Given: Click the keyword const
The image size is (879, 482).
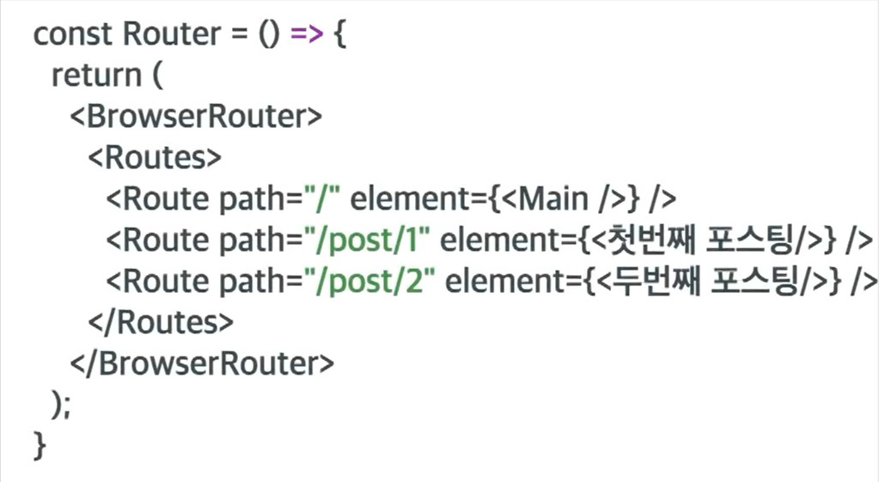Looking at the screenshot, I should (73, 34).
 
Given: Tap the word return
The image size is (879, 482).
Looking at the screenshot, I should (95, 76).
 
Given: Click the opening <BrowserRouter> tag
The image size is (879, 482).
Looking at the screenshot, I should (196, 117).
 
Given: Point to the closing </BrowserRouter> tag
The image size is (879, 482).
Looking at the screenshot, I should (201, 363).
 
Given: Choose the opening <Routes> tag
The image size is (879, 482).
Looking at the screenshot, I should (155, 158).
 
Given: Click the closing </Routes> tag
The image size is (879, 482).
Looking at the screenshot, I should (161, 322).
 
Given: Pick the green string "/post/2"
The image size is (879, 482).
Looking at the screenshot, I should (372, 282).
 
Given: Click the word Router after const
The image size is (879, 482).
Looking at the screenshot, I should (172, 34).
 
